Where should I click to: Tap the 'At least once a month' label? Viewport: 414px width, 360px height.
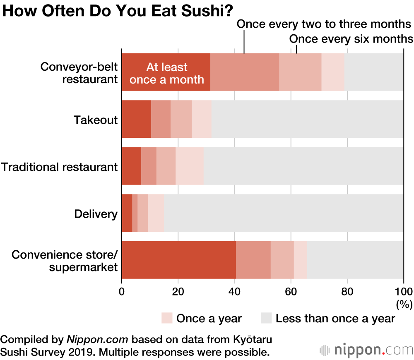click(167, 73)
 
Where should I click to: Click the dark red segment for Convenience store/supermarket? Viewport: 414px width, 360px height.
click(178, 260)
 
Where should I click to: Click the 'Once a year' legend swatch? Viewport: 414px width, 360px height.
click(166, 318)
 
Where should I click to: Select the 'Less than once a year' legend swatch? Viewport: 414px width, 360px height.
click(266, 318)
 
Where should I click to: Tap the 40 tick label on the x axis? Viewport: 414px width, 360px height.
click(234, 290)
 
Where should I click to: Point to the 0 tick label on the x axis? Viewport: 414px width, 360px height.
click(122, 290)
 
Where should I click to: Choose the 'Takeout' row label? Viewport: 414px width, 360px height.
click(96, 120)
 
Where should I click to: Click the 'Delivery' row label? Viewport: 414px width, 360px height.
click(96, 214)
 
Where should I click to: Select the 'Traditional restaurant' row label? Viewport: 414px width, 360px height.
click(60, 167)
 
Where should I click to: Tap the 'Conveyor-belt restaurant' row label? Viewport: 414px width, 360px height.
click(79, 73)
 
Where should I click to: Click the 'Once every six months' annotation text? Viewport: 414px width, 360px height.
click(351, 39)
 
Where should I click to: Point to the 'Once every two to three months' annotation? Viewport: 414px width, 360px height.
click(324, 24)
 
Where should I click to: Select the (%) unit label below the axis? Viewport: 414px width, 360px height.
click(404, 305)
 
